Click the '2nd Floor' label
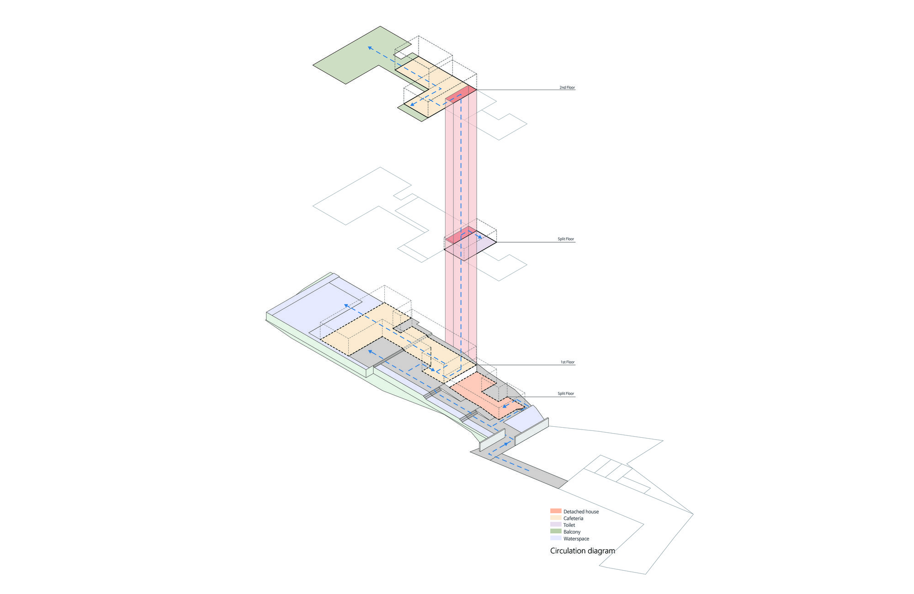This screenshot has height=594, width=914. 567,87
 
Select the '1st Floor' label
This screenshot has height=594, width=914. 568,362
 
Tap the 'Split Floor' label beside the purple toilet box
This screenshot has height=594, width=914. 566,239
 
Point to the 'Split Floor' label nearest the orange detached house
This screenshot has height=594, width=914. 566,393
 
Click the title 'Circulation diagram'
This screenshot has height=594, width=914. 583,551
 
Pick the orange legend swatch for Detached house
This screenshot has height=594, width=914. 556,511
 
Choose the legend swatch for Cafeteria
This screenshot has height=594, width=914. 556,518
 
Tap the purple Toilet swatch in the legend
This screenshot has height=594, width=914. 556,525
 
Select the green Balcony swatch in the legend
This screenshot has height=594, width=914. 556,531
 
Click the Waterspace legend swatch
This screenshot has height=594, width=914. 556,538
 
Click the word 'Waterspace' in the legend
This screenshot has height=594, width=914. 576,539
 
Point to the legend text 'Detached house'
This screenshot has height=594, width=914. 581,512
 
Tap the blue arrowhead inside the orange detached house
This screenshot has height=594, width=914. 505,406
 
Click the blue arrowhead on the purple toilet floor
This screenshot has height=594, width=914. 479,237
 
